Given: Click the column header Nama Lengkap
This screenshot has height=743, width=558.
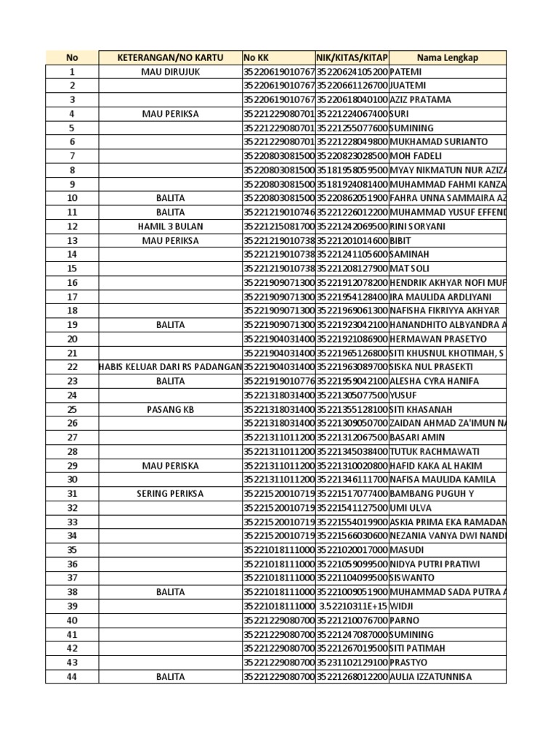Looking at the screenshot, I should (x=448, y=58).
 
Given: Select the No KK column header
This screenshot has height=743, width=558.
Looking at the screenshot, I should (x=256, y=58).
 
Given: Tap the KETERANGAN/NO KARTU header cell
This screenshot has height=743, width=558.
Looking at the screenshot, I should (x=170, y=58).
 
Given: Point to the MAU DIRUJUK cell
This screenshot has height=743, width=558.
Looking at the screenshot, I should (x=170, y=72).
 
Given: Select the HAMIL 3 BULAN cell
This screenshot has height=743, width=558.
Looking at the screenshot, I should (x=170, y=226).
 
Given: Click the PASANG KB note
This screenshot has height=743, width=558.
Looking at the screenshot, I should (x=170, y=409).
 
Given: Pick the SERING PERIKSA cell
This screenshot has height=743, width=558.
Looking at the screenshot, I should (x=170, y=493).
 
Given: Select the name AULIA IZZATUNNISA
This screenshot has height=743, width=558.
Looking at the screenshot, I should (x=431, y=677).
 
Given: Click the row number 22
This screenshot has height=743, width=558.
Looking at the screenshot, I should (x=72, y=367).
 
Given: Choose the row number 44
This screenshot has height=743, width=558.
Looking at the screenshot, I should (x=72, y=677).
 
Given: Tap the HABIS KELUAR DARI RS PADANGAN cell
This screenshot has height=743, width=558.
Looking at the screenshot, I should (x=170, y=367).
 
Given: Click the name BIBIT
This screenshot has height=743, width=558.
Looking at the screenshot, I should (x=400, y=240).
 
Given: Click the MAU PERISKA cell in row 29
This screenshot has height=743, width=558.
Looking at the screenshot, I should (x=170, y=466).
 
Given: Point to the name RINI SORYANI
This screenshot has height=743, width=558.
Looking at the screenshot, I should (x=418, y=226).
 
